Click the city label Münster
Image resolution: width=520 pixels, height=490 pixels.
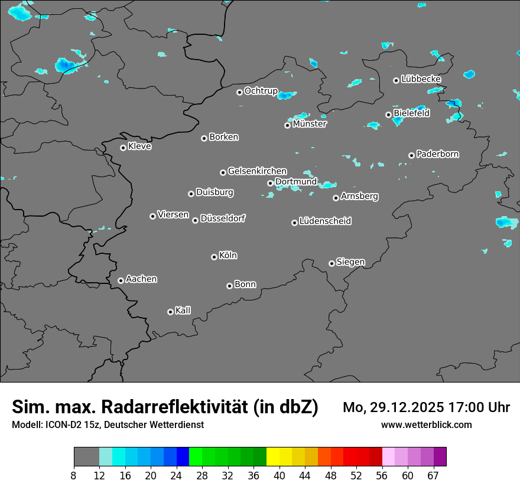(x=310, y=124)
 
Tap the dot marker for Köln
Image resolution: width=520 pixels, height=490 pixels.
(x=214, y=257)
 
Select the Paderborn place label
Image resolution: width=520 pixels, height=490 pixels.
(x=438, y=154)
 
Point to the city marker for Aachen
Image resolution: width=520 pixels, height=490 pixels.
(x=121, y=280)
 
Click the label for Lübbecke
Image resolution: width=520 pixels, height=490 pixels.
(x=421, y=79)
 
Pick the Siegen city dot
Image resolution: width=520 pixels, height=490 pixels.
(x=331, y=263)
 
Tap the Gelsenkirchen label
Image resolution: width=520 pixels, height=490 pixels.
(x=257, y=171)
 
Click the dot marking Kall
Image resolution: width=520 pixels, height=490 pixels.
(x=170, y=312)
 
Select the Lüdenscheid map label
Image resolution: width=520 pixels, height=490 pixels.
(x=325, y=221)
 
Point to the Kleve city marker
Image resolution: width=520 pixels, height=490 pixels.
(x=123, y=148)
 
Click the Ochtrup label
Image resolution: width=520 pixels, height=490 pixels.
(x=261, y=91)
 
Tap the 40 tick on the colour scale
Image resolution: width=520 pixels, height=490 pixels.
(x=279, y=475)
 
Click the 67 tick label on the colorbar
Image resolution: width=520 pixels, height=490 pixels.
(x=433, y=475)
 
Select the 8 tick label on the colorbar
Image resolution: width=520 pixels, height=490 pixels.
(x=74, y=475)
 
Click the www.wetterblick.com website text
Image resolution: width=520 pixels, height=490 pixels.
(x=426, y=424)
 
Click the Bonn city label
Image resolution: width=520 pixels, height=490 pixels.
(x=245, y=285)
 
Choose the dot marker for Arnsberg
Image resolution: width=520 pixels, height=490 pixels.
(x=336, y=198)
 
